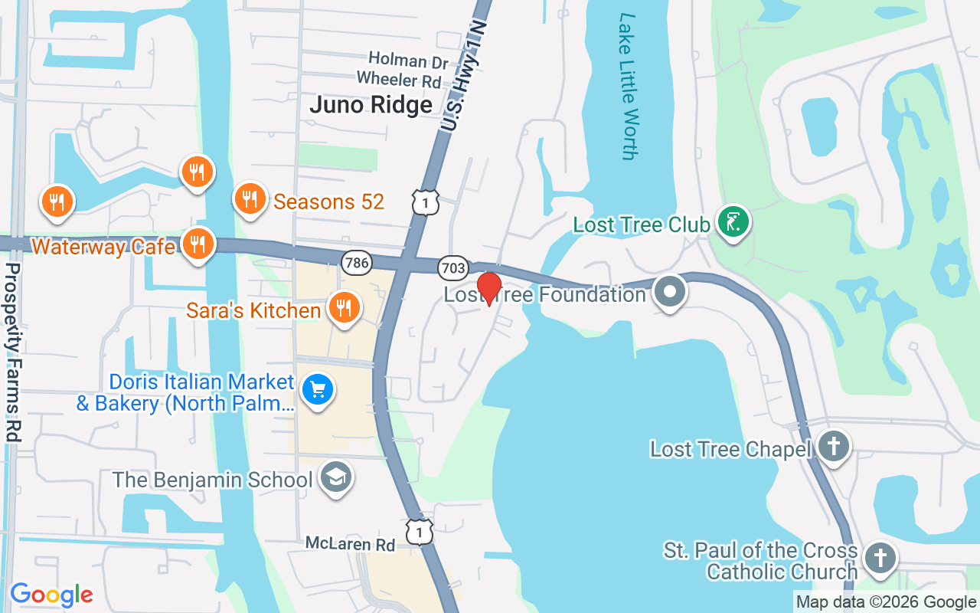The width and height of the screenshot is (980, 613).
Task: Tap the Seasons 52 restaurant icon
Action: [249, 198]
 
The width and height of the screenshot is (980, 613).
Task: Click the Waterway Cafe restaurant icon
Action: [198, 244]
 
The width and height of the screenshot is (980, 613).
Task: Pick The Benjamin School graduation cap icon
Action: [335, 478]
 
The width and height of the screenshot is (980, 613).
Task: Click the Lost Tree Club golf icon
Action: [733, 222]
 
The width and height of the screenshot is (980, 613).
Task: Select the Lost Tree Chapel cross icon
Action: [833, 446]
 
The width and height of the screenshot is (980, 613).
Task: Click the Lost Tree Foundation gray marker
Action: [671, 292]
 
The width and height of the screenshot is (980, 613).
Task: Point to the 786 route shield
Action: [357, 263]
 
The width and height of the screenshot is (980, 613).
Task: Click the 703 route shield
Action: [453, 267]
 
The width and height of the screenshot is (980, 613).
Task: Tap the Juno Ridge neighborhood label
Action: [371, 104]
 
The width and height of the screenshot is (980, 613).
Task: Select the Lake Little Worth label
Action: [628, 86]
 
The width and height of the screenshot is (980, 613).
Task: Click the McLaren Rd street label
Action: [350, 544]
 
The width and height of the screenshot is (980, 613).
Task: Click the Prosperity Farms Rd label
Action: [12, 352]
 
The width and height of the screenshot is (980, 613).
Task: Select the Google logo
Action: [51, 595]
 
